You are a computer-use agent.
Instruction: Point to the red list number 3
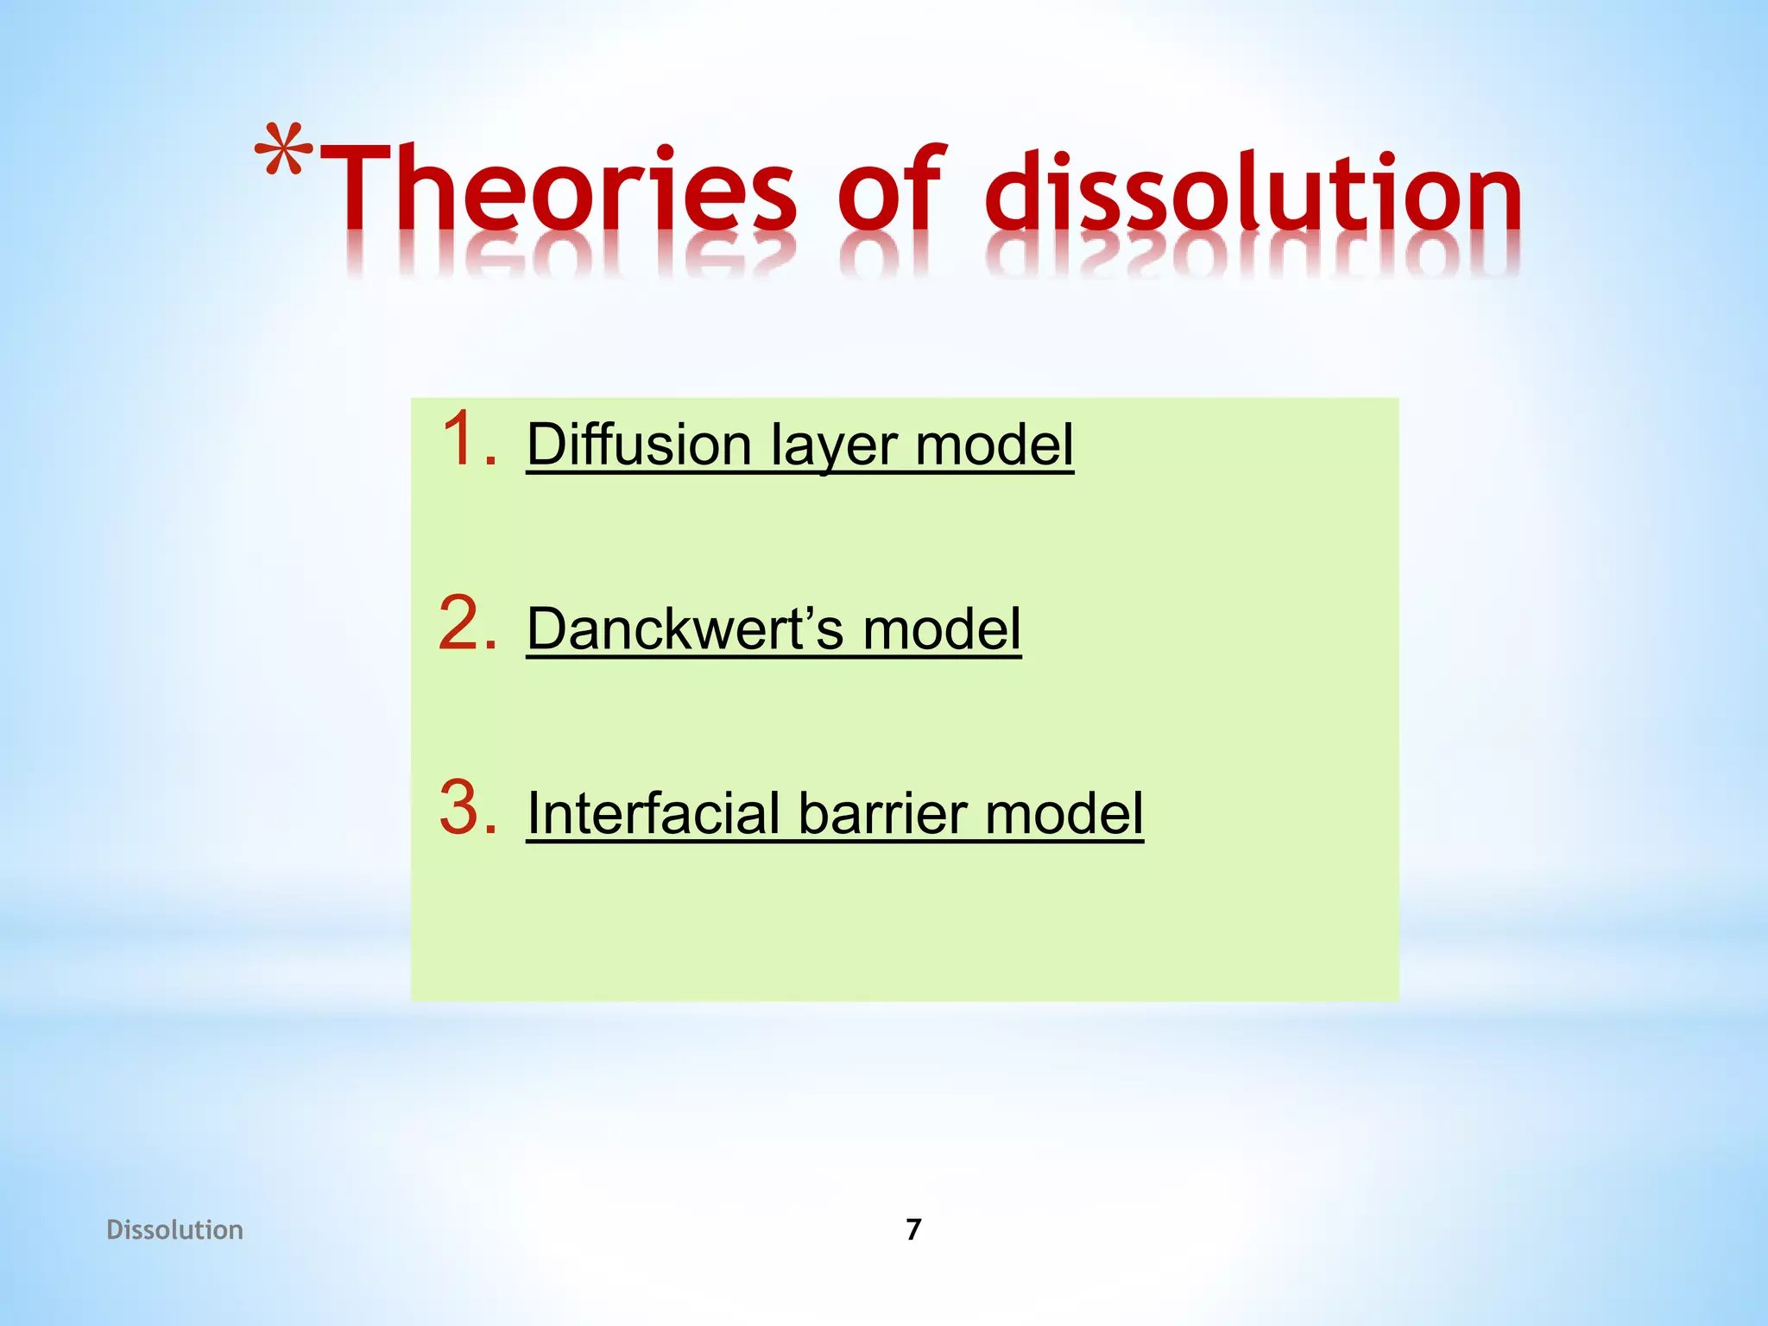pyautogui.click(x=467, y=808)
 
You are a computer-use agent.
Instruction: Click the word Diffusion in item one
pyautogui.click(x=639, y=445)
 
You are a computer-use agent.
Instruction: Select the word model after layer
pyautogui.click(x=994, y=445)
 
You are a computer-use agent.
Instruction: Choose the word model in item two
pyautogui.click(x=942, y=629)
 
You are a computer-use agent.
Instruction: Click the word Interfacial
pyautogui.click(x=654, y=814)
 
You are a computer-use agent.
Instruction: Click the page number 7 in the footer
pyautogui.click(x=913, y=1229)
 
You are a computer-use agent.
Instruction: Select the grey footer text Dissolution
pyautogui.click(x=174, y=1229)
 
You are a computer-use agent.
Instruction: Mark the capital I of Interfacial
pyautogui.click(x=534, y=814)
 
